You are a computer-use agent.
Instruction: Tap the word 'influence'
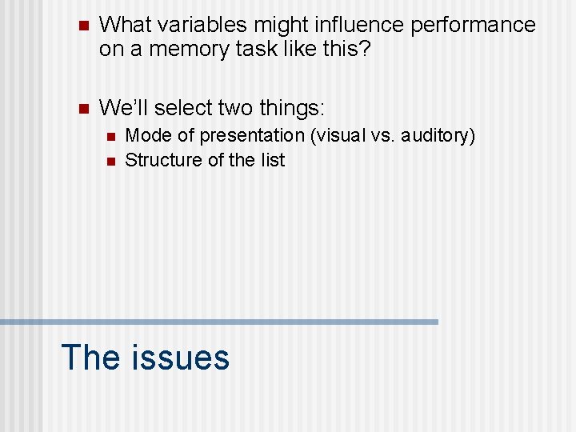(356, 25)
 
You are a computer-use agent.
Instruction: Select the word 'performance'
(473, 25)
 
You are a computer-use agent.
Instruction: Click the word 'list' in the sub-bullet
(272, 160)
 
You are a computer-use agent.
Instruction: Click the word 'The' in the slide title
(88, 357)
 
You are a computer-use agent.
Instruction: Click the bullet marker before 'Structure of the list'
(110, 161)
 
